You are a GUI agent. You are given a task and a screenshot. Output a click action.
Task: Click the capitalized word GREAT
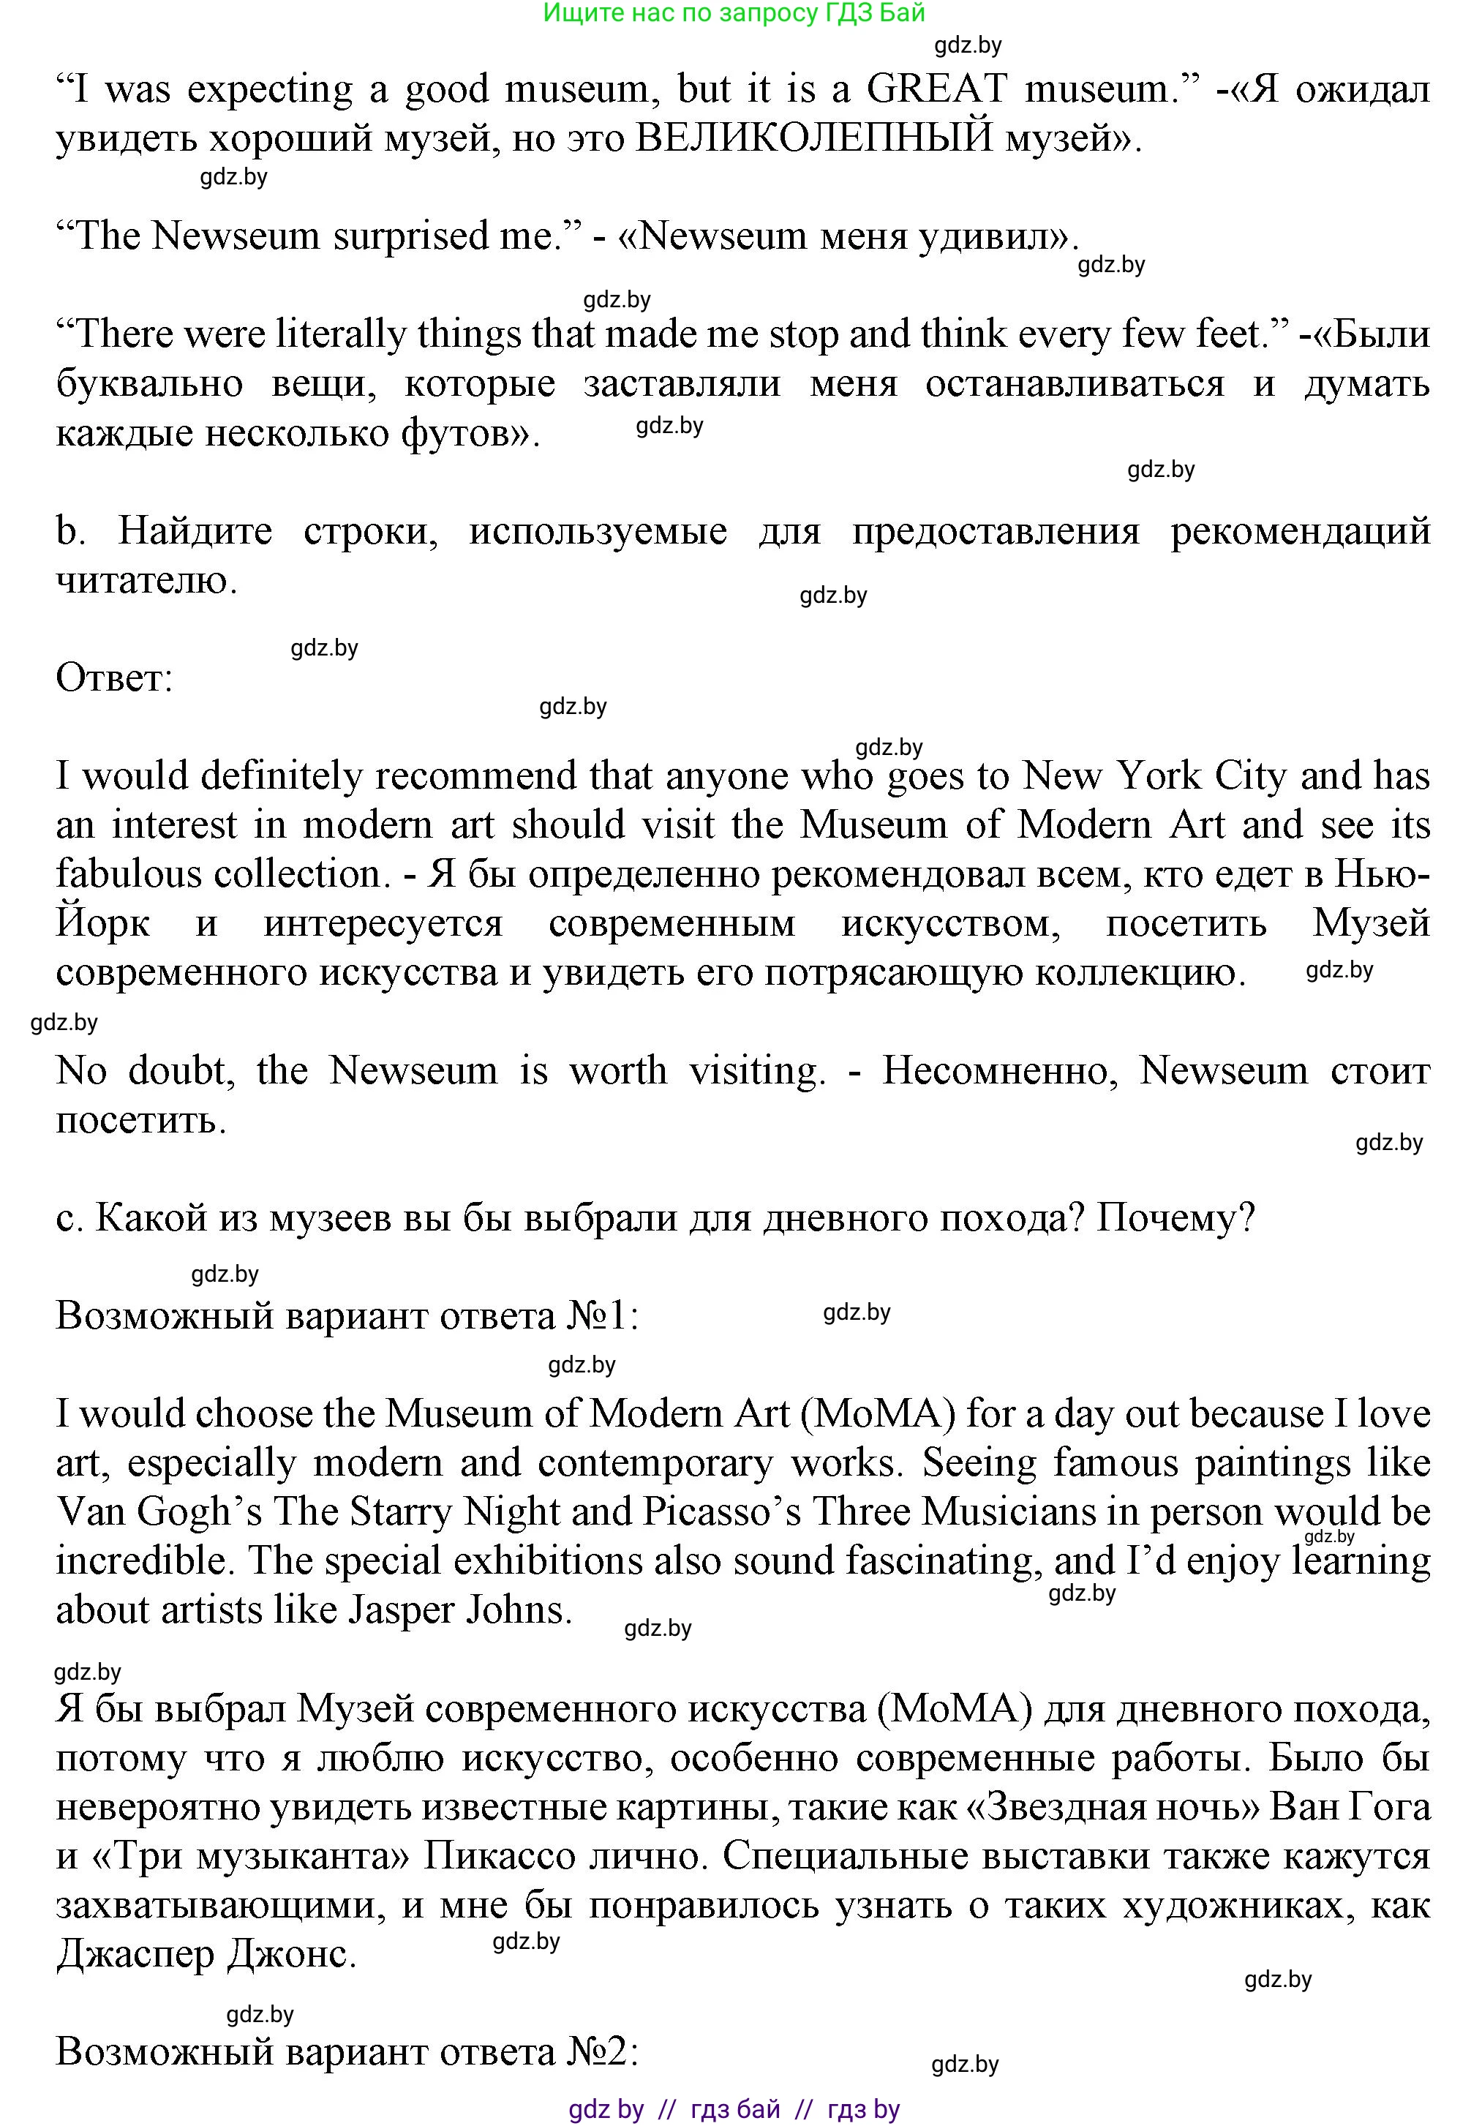[936, 89]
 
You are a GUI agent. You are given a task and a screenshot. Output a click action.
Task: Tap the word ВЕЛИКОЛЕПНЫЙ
[815, 139]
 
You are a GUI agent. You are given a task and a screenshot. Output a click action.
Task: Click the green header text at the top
[734, 13]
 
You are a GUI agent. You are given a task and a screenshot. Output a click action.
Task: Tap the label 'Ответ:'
[114, 678]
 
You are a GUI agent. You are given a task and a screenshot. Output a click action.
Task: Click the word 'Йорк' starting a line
[102, 923]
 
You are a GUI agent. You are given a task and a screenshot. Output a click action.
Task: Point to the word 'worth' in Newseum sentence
[617, 1071]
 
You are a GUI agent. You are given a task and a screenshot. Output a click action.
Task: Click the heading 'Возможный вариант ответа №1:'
[347, 1316]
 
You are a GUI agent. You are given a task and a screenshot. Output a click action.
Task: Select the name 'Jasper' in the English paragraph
[400, 1610]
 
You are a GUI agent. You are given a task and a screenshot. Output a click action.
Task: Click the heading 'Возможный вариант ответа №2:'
[347, 2051]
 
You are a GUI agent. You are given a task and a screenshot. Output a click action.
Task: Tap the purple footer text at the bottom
[734, 2109]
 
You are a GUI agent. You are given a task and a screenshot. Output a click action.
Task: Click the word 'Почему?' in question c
[1176, 1218]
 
